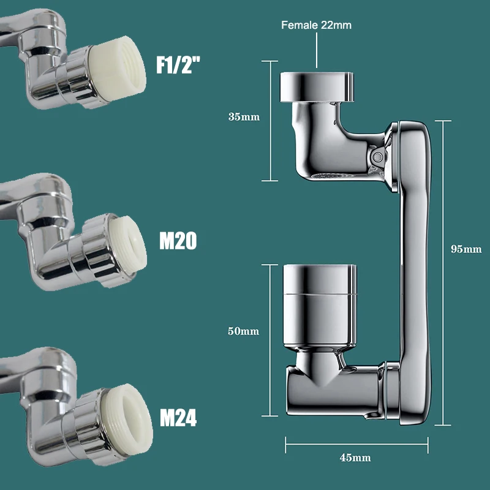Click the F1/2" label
point(178,65)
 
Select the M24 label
point(178,418)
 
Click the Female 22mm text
point(316,25)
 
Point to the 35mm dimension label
point(244,117)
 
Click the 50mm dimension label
point(243,331)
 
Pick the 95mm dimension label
point(466,249)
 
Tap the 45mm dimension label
point(355,458)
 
